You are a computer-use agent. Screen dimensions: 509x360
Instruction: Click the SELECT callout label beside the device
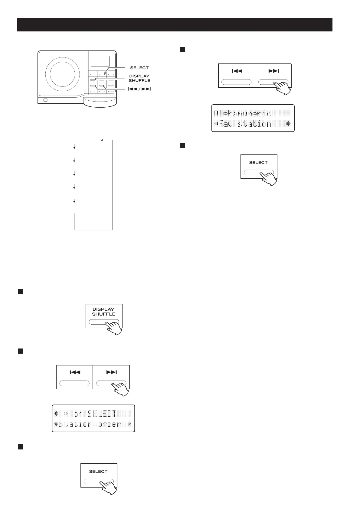click(139, 68)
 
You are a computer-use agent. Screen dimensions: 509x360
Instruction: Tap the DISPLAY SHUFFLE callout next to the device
click(139, 78)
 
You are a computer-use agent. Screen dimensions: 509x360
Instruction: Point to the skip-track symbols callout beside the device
click(139, 89)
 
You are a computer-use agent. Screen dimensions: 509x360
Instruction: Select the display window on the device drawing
click(100, 61)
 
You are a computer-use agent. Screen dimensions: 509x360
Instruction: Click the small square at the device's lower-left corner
click(45, 100)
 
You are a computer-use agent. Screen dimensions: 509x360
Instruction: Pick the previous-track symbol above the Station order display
click(75, 372)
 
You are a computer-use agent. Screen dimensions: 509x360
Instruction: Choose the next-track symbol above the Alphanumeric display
click(273, 71)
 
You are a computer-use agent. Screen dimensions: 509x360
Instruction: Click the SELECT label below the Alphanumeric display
click(258, 162)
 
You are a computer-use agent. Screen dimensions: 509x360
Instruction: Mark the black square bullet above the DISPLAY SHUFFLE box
click(20, 291)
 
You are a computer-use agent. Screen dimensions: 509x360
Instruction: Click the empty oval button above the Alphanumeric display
click(237, 82)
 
